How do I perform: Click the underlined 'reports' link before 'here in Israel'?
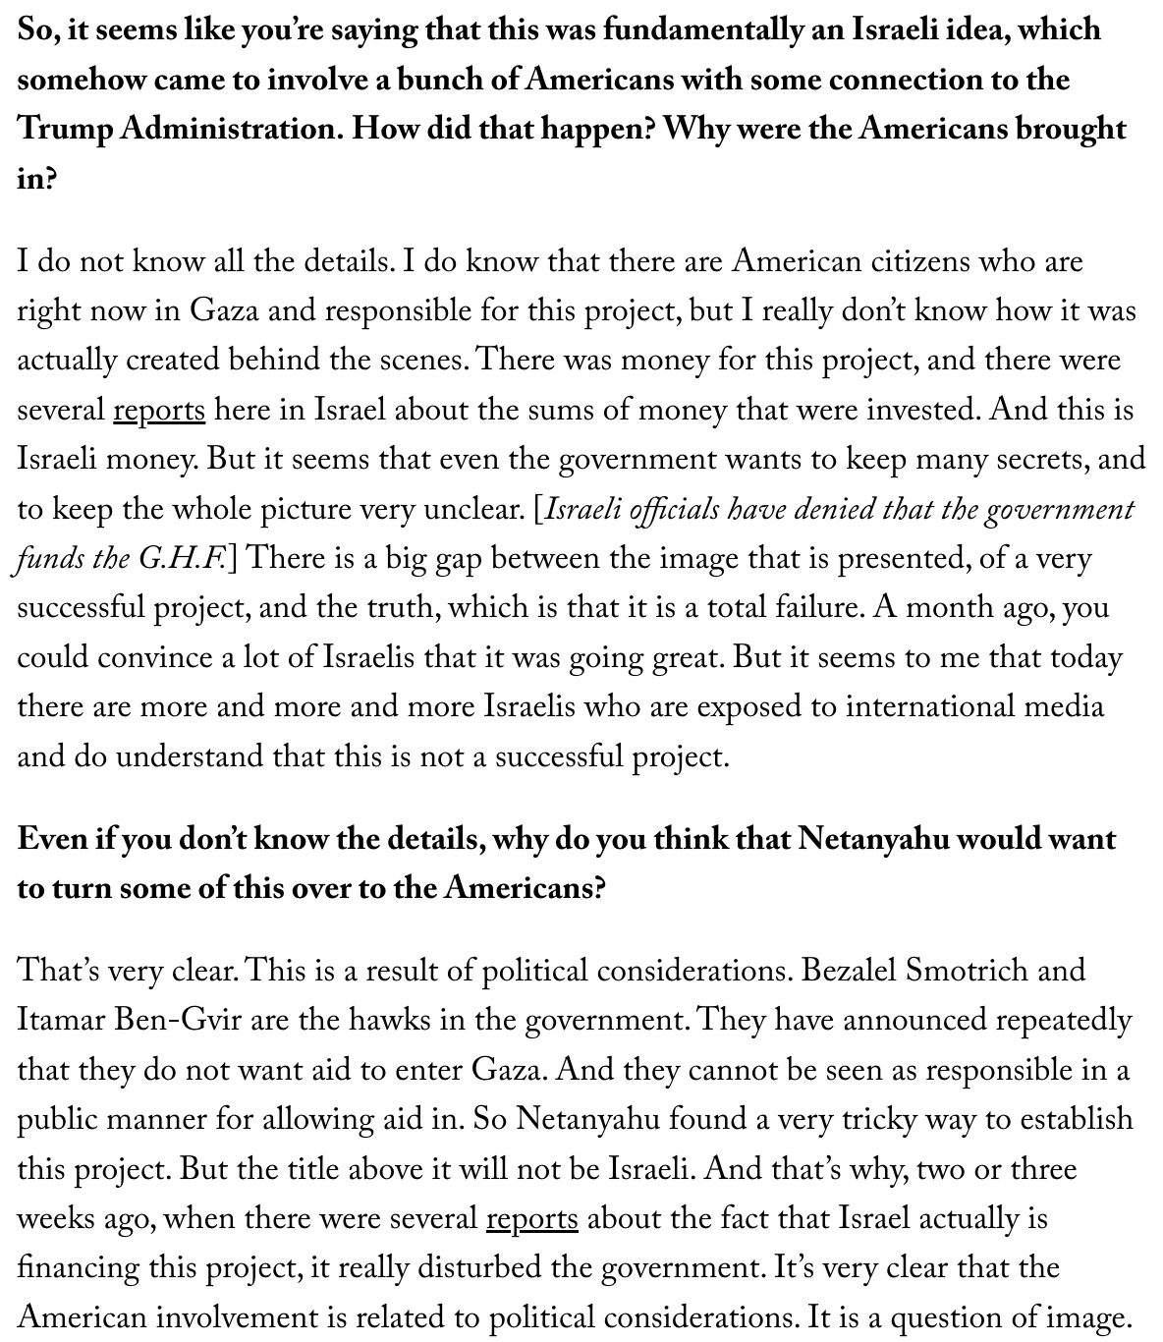pos(159,410)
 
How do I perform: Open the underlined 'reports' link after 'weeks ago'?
pos(532,1219)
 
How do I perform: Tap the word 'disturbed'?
pos(479,1268)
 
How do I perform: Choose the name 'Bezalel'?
pos(847,970)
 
